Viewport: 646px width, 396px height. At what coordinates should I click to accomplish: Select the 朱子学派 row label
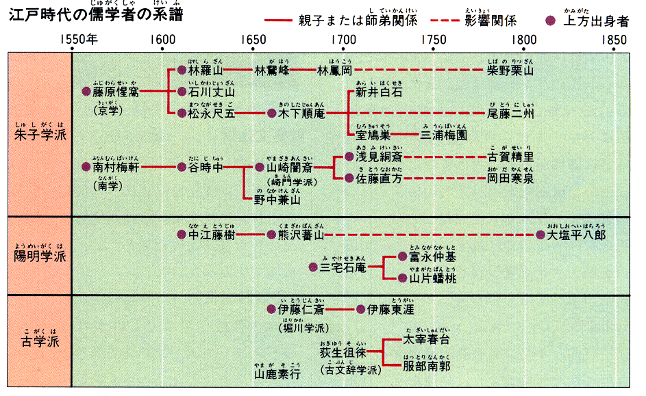(x=40, y=134)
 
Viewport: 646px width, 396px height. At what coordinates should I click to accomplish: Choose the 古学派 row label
(x=40, y=341)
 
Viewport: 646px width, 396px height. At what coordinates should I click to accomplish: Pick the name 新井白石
(x=379, y=92)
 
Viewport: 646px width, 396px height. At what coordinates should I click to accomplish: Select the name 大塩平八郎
(x=577, y=235)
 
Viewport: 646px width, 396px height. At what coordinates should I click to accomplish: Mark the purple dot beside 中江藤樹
(x=182, y=235)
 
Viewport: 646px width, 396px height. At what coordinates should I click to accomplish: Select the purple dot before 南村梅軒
(x=86, y=166)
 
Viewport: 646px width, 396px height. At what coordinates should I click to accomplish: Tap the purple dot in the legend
(x=549, y=21)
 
